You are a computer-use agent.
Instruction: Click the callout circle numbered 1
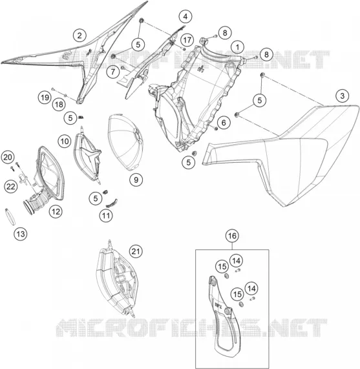point(237,47)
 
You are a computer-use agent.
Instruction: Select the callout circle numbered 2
point(79,36)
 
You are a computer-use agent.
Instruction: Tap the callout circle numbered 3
point(343,96)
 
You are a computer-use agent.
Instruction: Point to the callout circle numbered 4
point(185,17)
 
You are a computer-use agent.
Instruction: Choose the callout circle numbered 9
point(136,180)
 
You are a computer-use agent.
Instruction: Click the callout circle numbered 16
point(232,236)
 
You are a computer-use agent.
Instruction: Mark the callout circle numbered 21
point(136,251)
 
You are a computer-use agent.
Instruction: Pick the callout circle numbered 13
point(21,234)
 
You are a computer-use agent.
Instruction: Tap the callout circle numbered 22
point(11,187)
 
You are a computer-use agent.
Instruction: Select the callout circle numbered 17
point(187,40)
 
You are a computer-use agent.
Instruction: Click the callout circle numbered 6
point(224,123)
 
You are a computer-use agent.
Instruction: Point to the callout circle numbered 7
point(113,72)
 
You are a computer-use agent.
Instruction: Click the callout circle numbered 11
point(106,215)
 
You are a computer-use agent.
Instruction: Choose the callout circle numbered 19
point(45,97)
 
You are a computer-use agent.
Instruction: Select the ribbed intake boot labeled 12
point(36,202)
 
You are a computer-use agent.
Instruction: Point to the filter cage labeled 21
point(116,280)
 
